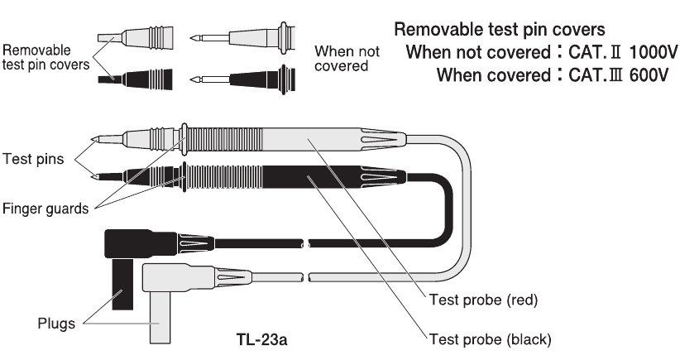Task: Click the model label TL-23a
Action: [x=262, y=339]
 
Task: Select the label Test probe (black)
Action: [x=486, y=338]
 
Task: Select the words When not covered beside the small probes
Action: [x=347, y=58]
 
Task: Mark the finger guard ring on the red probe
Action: [x=184, y=138]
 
